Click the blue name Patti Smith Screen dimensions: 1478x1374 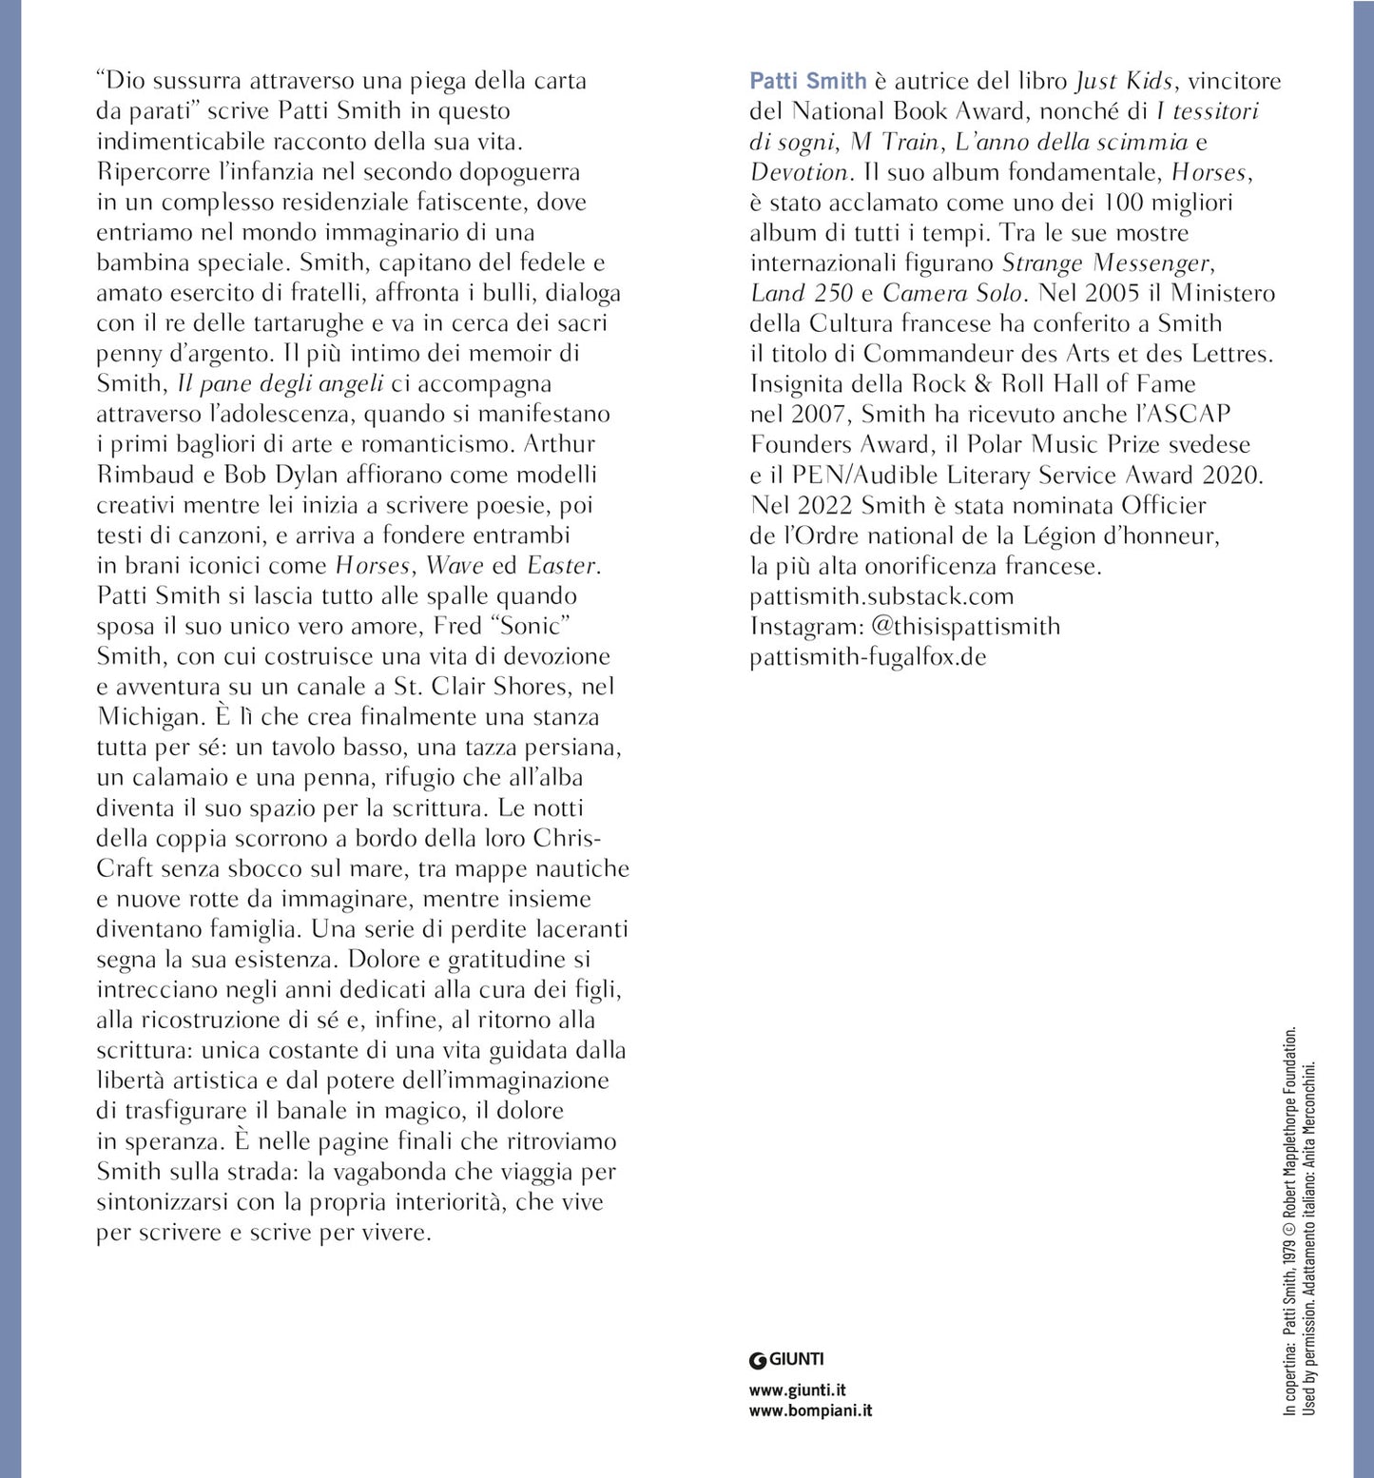point(807,82)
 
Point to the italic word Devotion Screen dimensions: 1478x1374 point(799,173)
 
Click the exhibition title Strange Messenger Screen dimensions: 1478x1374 point(1108,263)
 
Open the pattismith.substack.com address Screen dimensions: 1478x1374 point(881,596)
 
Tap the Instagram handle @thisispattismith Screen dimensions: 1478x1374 point(964,627)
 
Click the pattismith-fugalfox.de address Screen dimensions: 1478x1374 point(868,657)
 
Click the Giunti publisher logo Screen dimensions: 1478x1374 point(786,1359)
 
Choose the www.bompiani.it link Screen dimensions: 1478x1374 point(810,1411)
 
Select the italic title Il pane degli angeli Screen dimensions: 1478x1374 point(281,384)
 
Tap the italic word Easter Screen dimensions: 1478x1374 point(562,566)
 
